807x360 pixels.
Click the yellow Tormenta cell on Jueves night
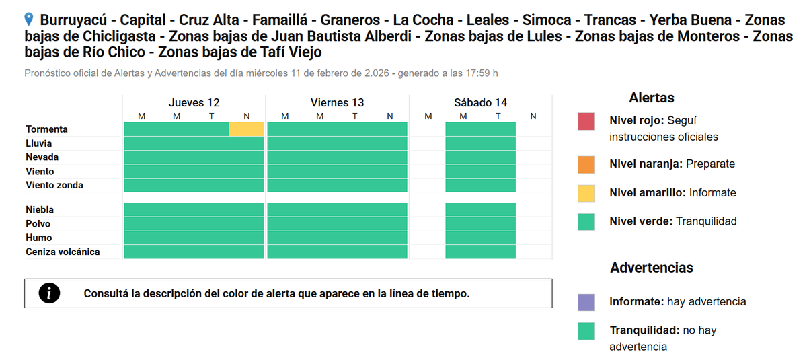pyautogui.click(x=247, y=129)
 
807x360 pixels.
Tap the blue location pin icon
pyautogui.click(x=29, y=19)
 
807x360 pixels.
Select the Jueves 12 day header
pyautogui.click(x=194, y=103)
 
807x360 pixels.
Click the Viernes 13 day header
pyautogui.click(x=337, y=103)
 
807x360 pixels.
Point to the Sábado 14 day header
pyautogui.click(x=480, y=103)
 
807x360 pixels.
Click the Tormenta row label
pyautogui.click(x=46, y=129)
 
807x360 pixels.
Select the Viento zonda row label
pyautogui.click(x=54, y=185)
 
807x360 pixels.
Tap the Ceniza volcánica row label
pyautogui.click(x=63, y=252)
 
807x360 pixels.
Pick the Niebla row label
pyautogui.click(x=40, y=210)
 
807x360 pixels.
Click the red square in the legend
pyautogui.click(x=586, y=122)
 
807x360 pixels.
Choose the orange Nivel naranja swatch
pyautogui.click(x=586, y=164)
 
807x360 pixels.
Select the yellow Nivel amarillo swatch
pyautogui.click(x=586, y=193)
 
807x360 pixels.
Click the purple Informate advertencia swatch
pyautogui.click(x=586, y=302)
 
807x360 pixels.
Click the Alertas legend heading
pyautogui.click(x=651, y=98)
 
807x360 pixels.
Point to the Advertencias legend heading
pyautogui.click(x=651, y=268)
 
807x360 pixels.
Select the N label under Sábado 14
pyautogui.click(x=533, y=116)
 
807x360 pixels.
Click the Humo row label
pyautogui.click(x=38, y=238)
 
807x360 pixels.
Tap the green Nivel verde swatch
pyautogui.click(x=586, y=222)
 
